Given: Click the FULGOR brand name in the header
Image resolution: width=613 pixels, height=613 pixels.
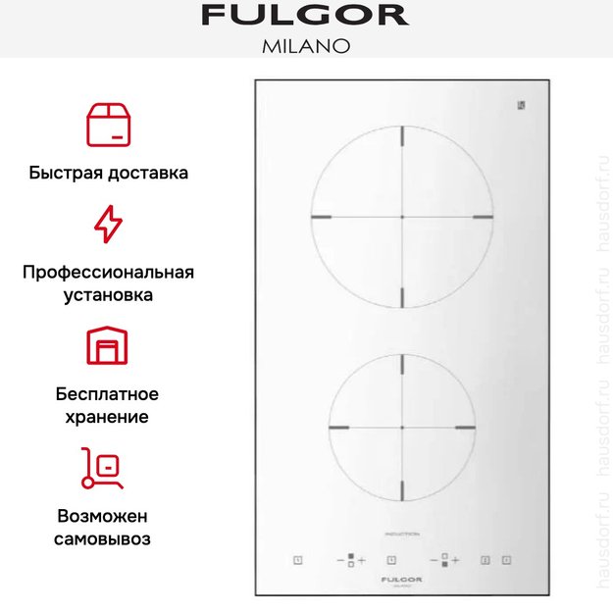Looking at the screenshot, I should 306,16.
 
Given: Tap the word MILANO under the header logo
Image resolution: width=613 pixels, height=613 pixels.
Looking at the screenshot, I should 306,45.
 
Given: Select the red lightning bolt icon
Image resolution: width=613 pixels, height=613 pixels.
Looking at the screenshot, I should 108,225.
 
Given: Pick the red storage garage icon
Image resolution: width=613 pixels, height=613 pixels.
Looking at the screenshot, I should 108,346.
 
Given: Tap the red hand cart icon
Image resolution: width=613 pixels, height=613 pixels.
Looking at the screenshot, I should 104,468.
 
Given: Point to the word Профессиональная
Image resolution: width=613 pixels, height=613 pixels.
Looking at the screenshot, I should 108,272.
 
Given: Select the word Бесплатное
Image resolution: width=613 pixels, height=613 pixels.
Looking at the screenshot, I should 108,393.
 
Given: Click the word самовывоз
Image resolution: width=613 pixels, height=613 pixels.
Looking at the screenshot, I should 108,538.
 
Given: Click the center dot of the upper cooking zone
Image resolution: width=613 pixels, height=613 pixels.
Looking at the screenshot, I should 402,216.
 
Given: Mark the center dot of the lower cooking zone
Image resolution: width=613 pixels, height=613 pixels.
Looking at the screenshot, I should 402,429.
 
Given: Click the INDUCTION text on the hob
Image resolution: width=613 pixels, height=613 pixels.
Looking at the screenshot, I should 401,534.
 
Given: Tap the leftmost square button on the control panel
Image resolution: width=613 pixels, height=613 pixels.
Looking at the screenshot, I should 297,560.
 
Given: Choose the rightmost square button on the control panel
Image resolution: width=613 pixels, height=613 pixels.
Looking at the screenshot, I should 506,560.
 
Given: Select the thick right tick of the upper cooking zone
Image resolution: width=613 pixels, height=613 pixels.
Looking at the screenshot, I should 481,216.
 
